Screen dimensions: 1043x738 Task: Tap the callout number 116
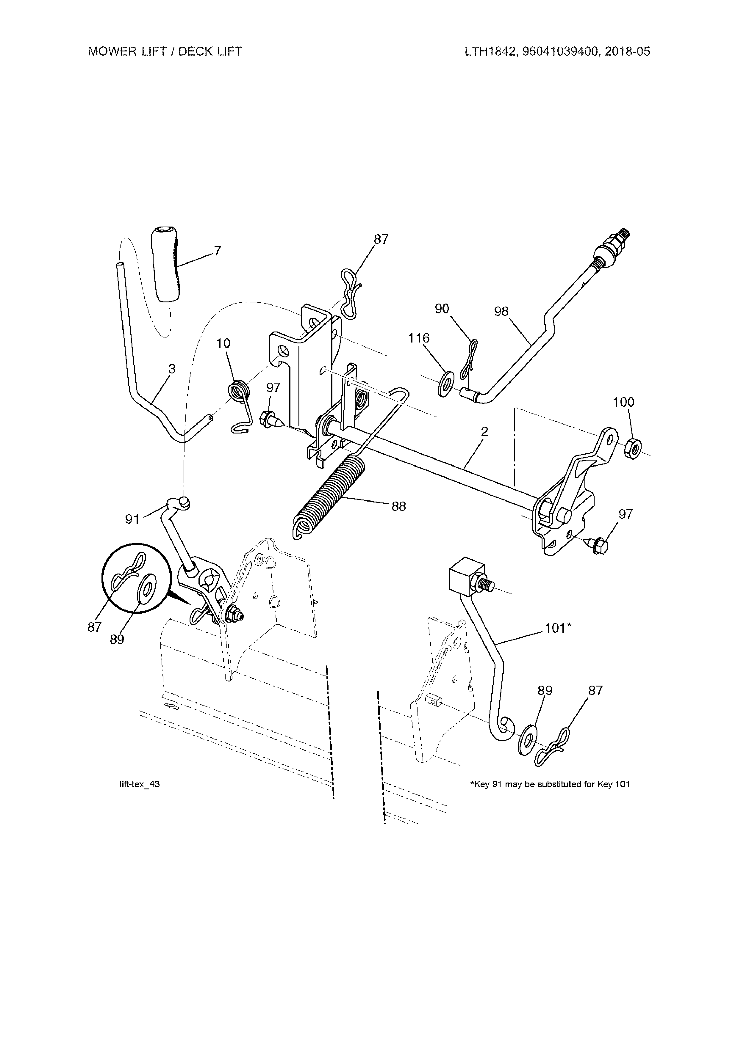(x=418, y=338)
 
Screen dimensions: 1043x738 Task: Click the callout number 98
(x=501, y=312)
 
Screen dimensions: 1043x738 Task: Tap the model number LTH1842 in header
(x=489, y=51)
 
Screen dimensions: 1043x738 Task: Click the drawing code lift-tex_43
(x=139, y=785)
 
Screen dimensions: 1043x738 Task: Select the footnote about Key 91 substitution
(x=549, y=785)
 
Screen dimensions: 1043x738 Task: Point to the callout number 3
(x=172, y=369)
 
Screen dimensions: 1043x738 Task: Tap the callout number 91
(x=132, y=519)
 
